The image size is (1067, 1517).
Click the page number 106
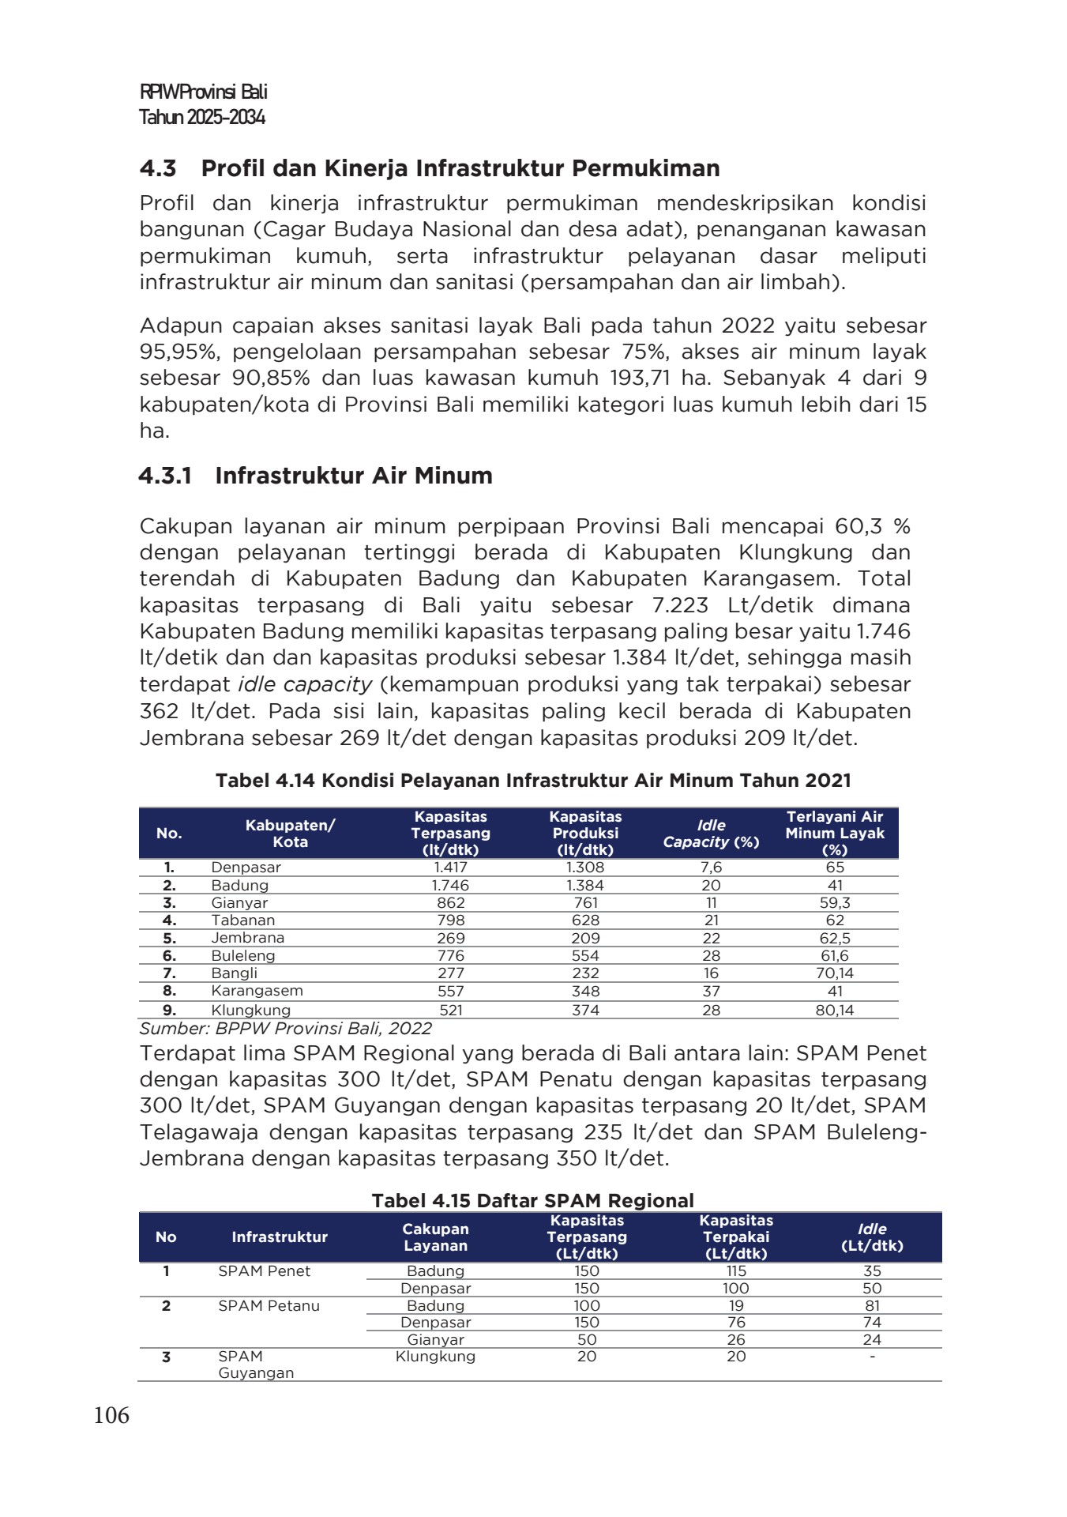[111, 1415]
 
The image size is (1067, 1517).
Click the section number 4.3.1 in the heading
[166, 476]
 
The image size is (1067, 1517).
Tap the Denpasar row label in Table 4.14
[246, 868]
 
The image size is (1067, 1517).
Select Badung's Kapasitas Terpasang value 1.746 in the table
[450, 885]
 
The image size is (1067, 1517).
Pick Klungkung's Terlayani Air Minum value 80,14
[835, 1010]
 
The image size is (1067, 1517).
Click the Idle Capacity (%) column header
[711, 834]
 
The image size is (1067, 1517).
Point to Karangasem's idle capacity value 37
[711, 991]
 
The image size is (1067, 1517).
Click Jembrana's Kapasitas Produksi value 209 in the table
[585, 938]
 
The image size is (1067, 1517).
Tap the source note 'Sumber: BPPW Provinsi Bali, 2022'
[285, 1029]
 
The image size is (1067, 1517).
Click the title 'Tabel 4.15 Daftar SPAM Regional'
[532, 1201]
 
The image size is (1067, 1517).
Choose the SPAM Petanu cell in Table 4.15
[269, 1306]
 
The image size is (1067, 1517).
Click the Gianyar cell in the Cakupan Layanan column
[435, 1340]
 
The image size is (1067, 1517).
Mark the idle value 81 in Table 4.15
[872, 1306]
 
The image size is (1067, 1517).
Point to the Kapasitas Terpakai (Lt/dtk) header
[735, 1237]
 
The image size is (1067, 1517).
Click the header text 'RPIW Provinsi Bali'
[203, 92]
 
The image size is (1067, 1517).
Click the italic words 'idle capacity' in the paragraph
[304, 684]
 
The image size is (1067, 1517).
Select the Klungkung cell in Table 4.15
[435, 1357]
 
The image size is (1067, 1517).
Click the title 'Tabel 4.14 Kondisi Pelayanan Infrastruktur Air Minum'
[533, 781]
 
